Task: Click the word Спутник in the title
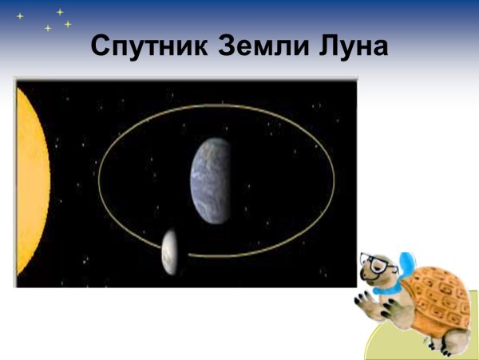(x=148, y=46)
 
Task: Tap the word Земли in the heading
(x=258, y=46)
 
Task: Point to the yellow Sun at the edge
(x=30, y=184)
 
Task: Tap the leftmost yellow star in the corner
(x=20, y=16)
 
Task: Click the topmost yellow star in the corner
(x=60, y=11)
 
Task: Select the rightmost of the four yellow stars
(x=68, y=24)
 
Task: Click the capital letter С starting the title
(x=101, y=46)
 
